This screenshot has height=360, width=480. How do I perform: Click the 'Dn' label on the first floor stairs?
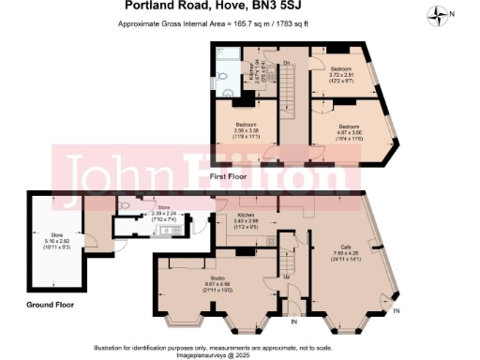[x=286, y=63]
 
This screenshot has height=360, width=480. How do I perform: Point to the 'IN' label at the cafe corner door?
[x=396, y=310]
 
